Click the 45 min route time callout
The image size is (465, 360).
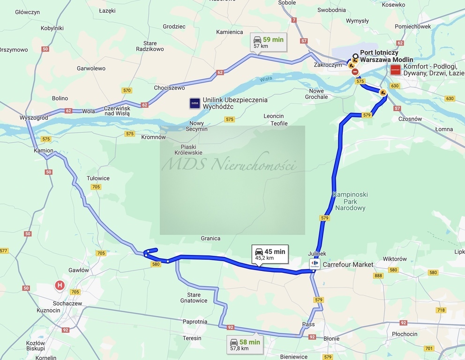[270, 254]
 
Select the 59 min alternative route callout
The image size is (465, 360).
[268, 42]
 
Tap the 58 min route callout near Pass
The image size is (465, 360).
[244, 345]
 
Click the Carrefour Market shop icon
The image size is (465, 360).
[314, 264]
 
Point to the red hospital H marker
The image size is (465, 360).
[60, 285]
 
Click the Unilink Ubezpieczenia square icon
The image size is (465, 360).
[195, 103]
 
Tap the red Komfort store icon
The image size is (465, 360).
[396, 70]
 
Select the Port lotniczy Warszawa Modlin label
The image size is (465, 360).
[386, 56]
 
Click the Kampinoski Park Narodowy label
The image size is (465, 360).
[350, 201]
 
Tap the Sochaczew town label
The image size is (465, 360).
[67, 303]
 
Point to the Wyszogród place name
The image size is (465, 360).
[34, 118]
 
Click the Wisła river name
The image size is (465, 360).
[266, 79]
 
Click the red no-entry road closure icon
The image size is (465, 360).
[355, 72]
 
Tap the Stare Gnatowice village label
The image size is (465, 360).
[194, 298]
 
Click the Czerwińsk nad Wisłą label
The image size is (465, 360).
[110, 110]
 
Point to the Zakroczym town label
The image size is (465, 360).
[328, 65]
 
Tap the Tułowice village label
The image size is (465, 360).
[98, 178]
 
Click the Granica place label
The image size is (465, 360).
[210, 238]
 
